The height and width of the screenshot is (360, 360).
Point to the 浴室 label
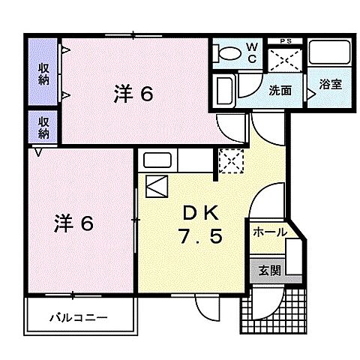point(330,85)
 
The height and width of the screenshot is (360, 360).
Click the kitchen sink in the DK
point(159,160)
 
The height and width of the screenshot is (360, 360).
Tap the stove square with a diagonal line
point(158,184)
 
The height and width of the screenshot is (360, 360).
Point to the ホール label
point(269,232)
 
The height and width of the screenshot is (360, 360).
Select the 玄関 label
point(269,271)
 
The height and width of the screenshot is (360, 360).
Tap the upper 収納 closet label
point(43,73)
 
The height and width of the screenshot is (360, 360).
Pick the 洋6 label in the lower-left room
point(73,223)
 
